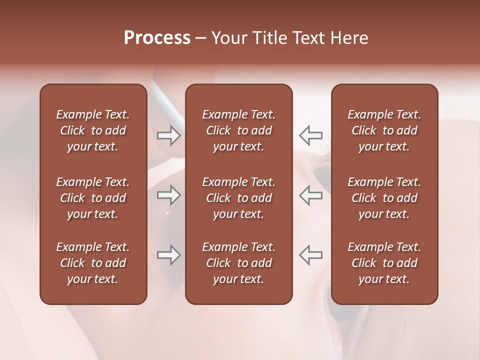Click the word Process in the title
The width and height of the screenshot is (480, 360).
[x=157, y=38]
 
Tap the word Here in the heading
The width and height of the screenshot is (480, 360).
[x=350, y=38]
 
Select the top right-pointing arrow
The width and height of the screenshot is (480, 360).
[x=169, y=135]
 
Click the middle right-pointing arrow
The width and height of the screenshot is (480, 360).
[x=169, y=195]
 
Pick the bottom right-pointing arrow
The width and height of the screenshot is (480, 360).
[x=169, y=255]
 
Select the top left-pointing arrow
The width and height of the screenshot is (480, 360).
[x=310, y=135]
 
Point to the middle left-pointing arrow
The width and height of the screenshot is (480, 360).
[x=310, y=195]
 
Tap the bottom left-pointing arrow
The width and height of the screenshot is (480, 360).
[x=310, y=255]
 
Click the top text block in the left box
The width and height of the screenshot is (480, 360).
[x=93, y=130]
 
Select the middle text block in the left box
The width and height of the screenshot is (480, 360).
[x=93, y=198]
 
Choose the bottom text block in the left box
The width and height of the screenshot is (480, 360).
[x=93, y=263]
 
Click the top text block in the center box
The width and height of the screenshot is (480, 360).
[x=238, y=130]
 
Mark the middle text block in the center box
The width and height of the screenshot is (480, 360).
[x=238, y=198]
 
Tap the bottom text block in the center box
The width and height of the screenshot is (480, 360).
[x=238, y=263]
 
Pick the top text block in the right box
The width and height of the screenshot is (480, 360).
[x=384, y=130]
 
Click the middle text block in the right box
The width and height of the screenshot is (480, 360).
[x=384, y=198]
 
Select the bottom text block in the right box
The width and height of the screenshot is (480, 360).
[x=384, y=263]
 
